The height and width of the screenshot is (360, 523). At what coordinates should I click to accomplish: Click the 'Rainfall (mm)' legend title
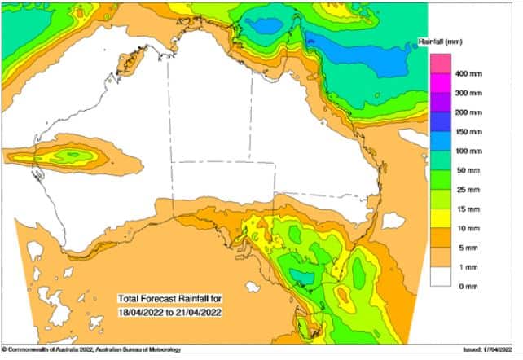click(x=463, y=40)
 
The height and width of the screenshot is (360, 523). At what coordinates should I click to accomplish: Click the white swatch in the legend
click(x=441, y=277)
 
